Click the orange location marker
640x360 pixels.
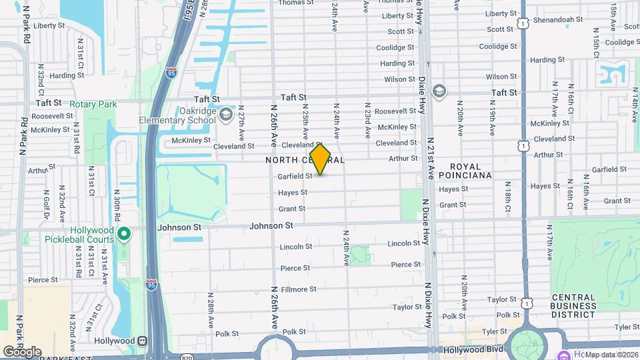321,159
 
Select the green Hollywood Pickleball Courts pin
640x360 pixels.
124,234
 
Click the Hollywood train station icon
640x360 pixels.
143,340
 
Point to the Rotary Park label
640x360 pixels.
97,104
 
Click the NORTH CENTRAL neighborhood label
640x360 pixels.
291,160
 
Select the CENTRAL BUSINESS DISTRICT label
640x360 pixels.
574,306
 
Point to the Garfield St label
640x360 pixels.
295,177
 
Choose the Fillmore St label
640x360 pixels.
298,289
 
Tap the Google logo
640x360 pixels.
21,351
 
